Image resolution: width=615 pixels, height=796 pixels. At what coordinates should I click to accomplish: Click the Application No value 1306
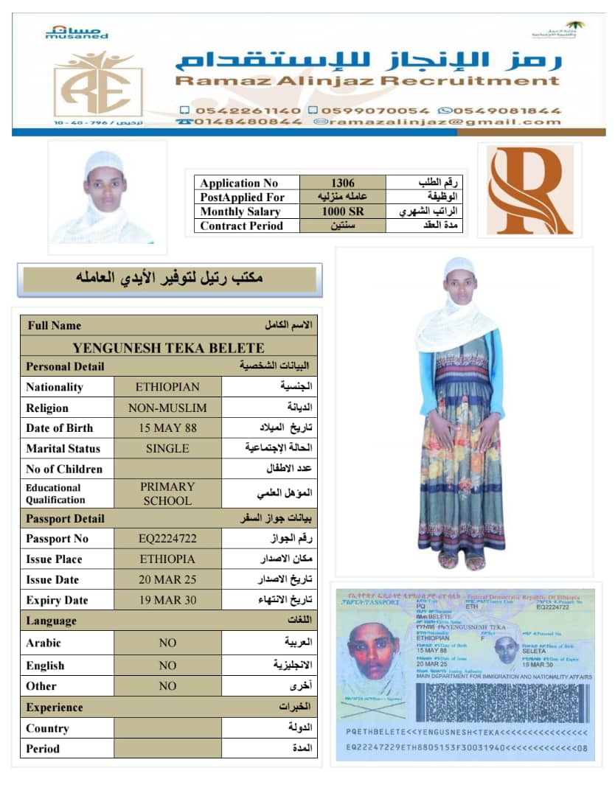(342, 183)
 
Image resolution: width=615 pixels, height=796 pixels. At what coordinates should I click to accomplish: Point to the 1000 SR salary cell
(342, 212)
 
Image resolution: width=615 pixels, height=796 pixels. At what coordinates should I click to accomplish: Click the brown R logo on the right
(529, 189)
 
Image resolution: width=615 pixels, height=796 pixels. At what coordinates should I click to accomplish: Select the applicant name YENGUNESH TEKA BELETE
(168, 348)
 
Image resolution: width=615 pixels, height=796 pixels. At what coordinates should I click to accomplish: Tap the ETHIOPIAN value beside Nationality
(167, 387)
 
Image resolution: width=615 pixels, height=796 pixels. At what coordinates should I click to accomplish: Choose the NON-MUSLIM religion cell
(167, 408)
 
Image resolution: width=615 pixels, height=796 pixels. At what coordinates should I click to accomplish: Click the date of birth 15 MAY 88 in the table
(167, 427)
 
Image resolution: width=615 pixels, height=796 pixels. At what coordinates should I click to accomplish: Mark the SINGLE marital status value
(167, 448)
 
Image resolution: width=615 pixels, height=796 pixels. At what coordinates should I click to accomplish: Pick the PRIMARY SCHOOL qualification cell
(167, 493)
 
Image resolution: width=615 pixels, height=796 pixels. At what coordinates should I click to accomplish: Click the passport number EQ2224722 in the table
(167, 539)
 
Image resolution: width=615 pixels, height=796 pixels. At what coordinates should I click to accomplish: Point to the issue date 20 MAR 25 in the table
(167, 579)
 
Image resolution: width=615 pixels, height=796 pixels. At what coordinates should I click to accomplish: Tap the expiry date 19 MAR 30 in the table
(167, 600)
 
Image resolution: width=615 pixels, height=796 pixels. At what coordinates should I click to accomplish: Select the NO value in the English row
(167, 666)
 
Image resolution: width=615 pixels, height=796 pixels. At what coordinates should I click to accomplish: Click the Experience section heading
(55, 707)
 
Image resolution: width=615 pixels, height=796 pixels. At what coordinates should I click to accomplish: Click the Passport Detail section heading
(65, 518)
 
